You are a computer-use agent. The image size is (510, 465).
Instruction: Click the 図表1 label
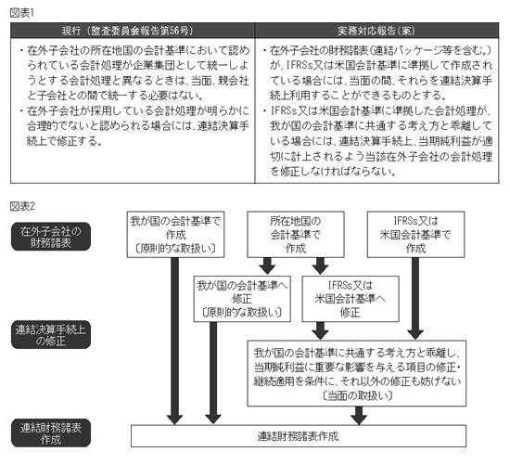(22, 13)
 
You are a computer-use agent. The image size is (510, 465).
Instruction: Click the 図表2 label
(22, 206)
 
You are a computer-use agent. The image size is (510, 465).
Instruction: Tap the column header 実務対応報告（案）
(377, 31)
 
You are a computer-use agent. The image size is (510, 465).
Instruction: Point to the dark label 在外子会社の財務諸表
(51, 237)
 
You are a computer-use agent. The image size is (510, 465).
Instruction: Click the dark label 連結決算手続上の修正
(51, 335)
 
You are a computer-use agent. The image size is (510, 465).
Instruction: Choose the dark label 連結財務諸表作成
(51, 433)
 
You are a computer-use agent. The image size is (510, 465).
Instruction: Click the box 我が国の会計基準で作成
(175, 235)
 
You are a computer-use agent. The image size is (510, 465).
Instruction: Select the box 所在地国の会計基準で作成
(296, 235)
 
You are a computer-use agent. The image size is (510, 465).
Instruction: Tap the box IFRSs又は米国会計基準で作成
(415, 235)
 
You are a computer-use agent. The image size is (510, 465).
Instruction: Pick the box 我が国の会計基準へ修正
(242, 299)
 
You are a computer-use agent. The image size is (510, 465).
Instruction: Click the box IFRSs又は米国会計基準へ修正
(351, 299)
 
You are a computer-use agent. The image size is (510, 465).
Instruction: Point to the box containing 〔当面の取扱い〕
(357, 373)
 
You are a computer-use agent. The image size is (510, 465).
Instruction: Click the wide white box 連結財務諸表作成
(299, 436)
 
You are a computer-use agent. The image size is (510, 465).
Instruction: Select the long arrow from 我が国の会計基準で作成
(174, 341)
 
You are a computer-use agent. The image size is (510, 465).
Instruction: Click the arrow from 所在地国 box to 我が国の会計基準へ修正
(267, 266)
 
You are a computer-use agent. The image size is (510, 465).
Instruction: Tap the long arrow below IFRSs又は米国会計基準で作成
(415, 299)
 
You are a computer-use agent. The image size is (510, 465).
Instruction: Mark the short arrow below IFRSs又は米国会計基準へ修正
(321, 331)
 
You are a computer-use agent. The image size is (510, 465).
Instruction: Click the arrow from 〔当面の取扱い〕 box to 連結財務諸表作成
(359, 416)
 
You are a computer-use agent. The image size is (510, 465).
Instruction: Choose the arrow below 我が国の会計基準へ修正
(213, 373)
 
